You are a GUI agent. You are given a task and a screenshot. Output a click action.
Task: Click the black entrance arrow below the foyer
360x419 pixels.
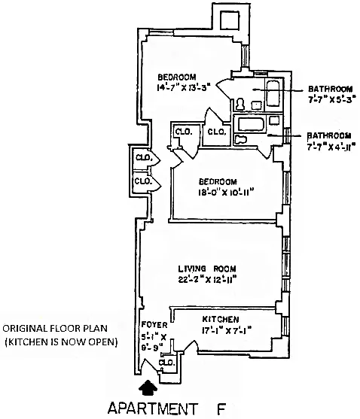point(148,387)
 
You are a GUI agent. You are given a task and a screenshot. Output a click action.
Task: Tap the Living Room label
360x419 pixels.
point(207,269)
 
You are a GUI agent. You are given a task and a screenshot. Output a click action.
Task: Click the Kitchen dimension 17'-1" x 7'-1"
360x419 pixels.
point(227,331)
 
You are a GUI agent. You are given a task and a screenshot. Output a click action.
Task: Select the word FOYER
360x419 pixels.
point(154,325)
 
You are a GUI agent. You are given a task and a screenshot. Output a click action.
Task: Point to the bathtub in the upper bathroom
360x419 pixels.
point(273,94)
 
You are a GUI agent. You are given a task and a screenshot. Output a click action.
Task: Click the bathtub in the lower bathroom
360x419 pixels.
point(251,125)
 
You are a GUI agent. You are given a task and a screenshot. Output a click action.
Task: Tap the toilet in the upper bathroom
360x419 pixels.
point(240,104)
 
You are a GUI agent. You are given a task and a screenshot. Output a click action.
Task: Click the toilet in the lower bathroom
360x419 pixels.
point(241,139)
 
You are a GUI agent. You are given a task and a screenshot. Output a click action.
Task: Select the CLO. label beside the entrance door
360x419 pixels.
point(167,363)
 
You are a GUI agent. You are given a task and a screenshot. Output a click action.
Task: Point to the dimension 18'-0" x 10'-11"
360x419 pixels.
point(225,192)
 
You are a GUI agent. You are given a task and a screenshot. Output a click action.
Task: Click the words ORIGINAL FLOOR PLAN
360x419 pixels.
point(55,328)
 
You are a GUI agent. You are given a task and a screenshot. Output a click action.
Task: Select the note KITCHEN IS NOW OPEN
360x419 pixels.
point(61,342)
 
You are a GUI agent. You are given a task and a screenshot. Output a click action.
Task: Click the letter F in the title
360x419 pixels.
point(221,408)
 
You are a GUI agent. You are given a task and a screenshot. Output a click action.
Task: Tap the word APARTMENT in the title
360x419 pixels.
point(152,408)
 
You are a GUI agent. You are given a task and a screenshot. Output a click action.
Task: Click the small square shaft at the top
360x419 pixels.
point(229,20)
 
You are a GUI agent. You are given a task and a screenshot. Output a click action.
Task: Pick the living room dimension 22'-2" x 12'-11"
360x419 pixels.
point(207,280)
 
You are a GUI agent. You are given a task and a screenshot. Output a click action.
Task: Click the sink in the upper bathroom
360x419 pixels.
point(256,105)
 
